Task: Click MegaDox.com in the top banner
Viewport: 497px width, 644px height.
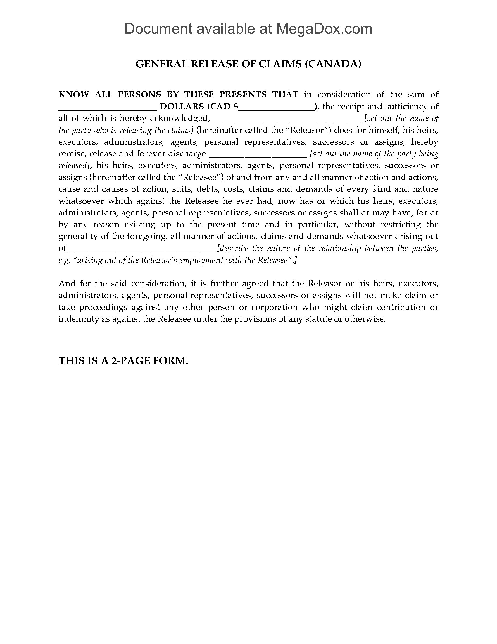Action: pos(324,29)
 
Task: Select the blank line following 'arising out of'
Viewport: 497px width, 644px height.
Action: pos(141,250)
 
